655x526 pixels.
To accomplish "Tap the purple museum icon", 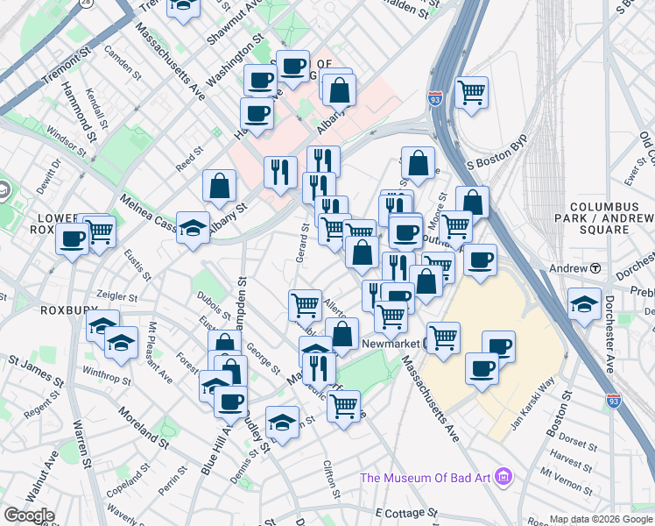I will click(x=504, y=478).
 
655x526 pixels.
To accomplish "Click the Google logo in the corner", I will click(x=29, y=515).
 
